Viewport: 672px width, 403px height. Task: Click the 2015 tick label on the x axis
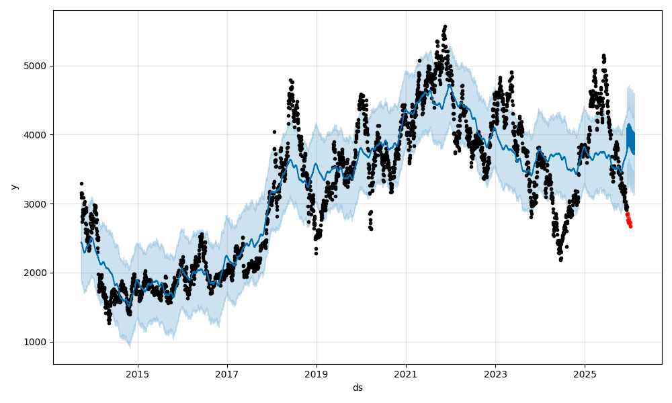tap(138, 374)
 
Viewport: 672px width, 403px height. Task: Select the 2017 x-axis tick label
tap(227, 374)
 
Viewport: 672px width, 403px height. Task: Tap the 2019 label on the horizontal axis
tap(317, 374)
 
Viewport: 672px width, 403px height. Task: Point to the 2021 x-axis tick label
tap(406, 374)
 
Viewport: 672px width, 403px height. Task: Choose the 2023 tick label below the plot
tap(495, 374)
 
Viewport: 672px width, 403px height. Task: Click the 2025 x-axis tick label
tap(585, 374)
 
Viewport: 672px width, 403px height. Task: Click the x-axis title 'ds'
tap(358, 388)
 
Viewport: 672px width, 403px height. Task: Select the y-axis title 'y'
tap(14, 187)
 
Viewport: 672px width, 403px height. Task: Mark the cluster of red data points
tap(629, 220)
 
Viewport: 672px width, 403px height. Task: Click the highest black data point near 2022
tap(445, 27)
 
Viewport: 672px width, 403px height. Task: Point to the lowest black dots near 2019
tap(316, 253)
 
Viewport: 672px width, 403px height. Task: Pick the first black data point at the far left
tap(81, 183)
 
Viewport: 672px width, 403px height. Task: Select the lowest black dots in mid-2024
tap(560, 259)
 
